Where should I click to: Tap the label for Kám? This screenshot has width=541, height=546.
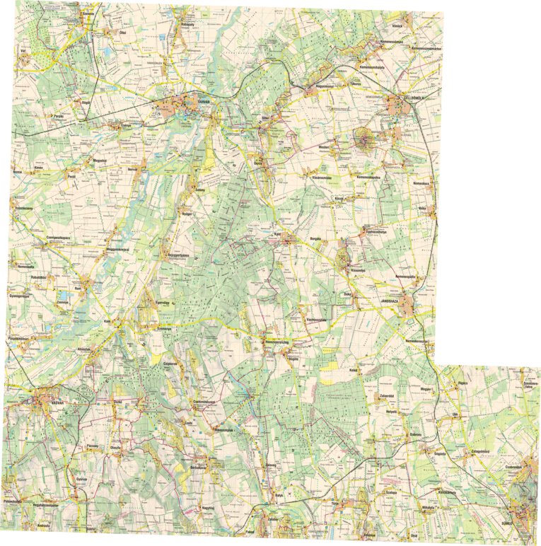tap(109, 320)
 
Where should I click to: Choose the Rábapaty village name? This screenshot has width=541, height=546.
tap(188, 23)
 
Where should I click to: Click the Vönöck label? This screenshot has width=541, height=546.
tap(397, 26)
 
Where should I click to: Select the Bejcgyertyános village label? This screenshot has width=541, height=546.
tap(180, 255)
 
